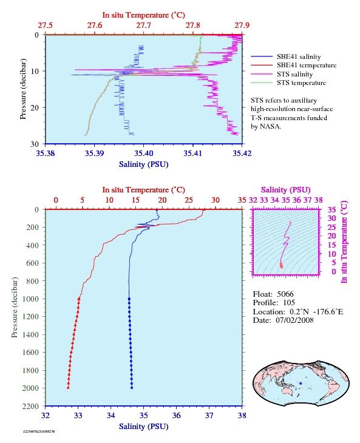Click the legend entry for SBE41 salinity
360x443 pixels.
[286, 56]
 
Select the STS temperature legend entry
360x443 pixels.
[288, 83]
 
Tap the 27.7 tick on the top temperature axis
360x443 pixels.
[143, 25]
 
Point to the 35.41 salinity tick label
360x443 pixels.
[192, 153]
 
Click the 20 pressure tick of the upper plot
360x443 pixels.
[35, 107]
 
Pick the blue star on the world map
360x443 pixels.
[301, 384]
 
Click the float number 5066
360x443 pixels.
[285, 294]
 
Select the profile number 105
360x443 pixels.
[289, 303]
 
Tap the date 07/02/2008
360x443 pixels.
[294, 320]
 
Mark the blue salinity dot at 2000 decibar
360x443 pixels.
[132, 388]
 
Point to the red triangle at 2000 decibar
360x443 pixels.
[68, 388]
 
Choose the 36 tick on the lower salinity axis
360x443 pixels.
[176, 415]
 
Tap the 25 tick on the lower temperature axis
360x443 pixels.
[189, 200]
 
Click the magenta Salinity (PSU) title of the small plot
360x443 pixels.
[285, 190]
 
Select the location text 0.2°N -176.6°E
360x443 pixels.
[316, 312]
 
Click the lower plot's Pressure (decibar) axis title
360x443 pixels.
[15, 308]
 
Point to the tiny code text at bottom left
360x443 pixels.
[39, 431]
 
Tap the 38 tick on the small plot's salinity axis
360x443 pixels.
[319, 200]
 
